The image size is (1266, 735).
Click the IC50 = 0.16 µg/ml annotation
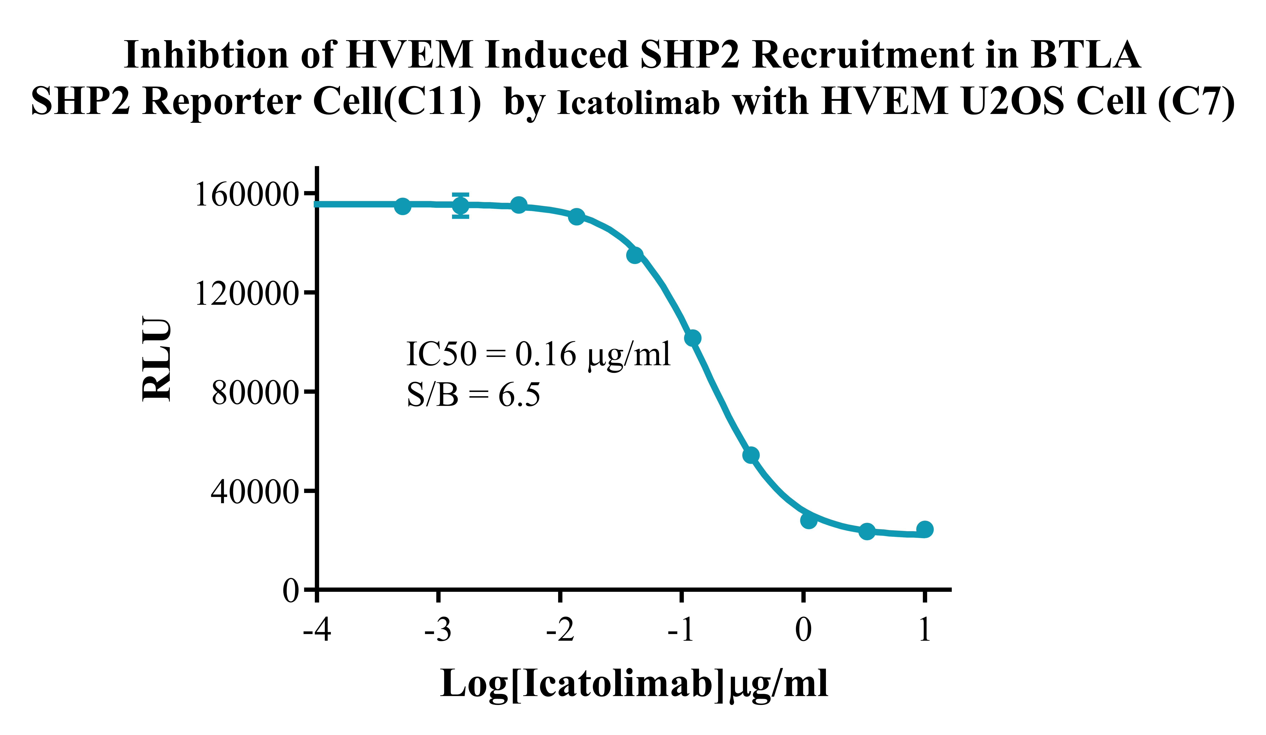pyautogui.click(x=538, y=354)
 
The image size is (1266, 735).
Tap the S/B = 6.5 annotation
pyautogui.click(x=473, y=395)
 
